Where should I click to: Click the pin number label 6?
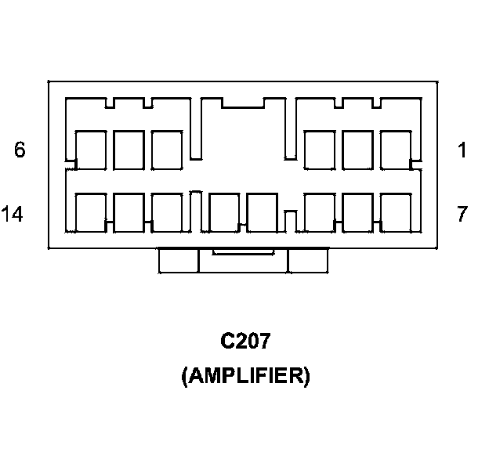(x=20, y=150)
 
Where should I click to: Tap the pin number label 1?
(x=462, y=150)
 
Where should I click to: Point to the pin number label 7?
(x=462, y=213)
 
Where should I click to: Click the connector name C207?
(x=244, y=342)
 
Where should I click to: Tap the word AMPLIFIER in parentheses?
(x=244, y=377)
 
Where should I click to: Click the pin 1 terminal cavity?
(x=395, y=150)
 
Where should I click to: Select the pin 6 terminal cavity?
(x=91, y=150)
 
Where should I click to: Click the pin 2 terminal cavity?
(x=357, y=150)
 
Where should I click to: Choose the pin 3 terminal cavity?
(x=319, y=150)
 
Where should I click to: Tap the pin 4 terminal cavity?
(x=167, y=150)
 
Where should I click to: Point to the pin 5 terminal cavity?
(x=129, y=150)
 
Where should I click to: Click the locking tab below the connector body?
(x=243, y=261)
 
